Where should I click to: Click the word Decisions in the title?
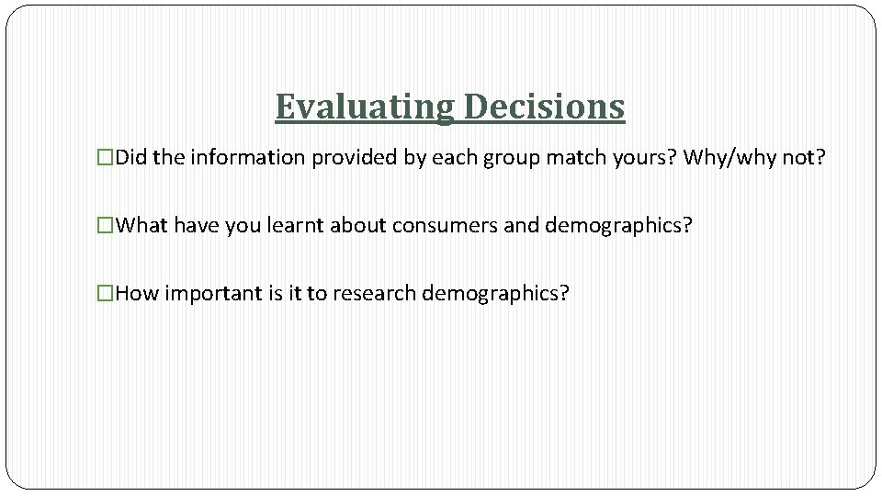(x=544, y=107)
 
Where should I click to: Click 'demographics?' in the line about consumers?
(x=617, y=226)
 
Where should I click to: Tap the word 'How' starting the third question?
(x=138, y=294)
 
